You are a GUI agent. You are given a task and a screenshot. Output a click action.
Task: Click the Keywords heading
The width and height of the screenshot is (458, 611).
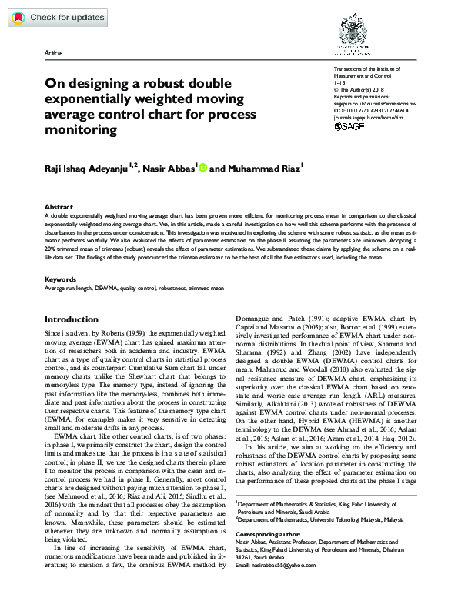pyautogui.click(x=59, y=279)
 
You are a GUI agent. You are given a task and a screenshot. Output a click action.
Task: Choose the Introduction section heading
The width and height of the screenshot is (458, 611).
pyautogui.click(x=71, y=319)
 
